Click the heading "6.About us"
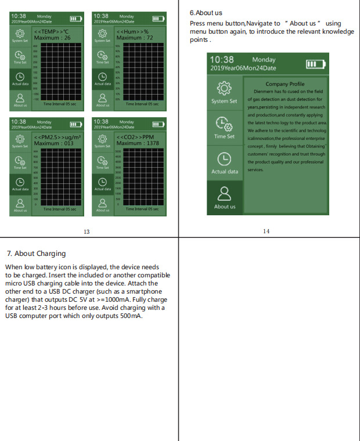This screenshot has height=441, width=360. coord(206,13)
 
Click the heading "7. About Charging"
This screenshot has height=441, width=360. coord(36,253)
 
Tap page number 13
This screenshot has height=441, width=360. coord(87,232)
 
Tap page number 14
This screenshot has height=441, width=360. coord(266,231)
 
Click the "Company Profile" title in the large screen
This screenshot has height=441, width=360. coord(285,84)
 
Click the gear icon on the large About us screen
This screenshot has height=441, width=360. coord(224,89)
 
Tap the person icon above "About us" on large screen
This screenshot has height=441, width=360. coord(224,193)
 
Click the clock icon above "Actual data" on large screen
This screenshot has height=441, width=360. coord(224,158)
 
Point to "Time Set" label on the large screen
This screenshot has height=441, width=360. coord(224,136)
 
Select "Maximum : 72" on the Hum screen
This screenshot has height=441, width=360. coord(135,38)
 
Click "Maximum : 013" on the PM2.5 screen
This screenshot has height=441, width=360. coord(53,143)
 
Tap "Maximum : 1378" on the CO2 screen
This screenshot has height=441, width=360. coord(137,143)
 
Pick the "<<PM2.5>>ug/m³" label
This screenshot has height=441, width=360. coord(57,137)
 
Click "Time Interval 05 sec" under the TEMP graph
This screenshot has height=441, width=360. coord(59,104)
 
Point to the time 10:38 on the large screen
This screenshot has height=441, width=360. coord(221,60)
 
